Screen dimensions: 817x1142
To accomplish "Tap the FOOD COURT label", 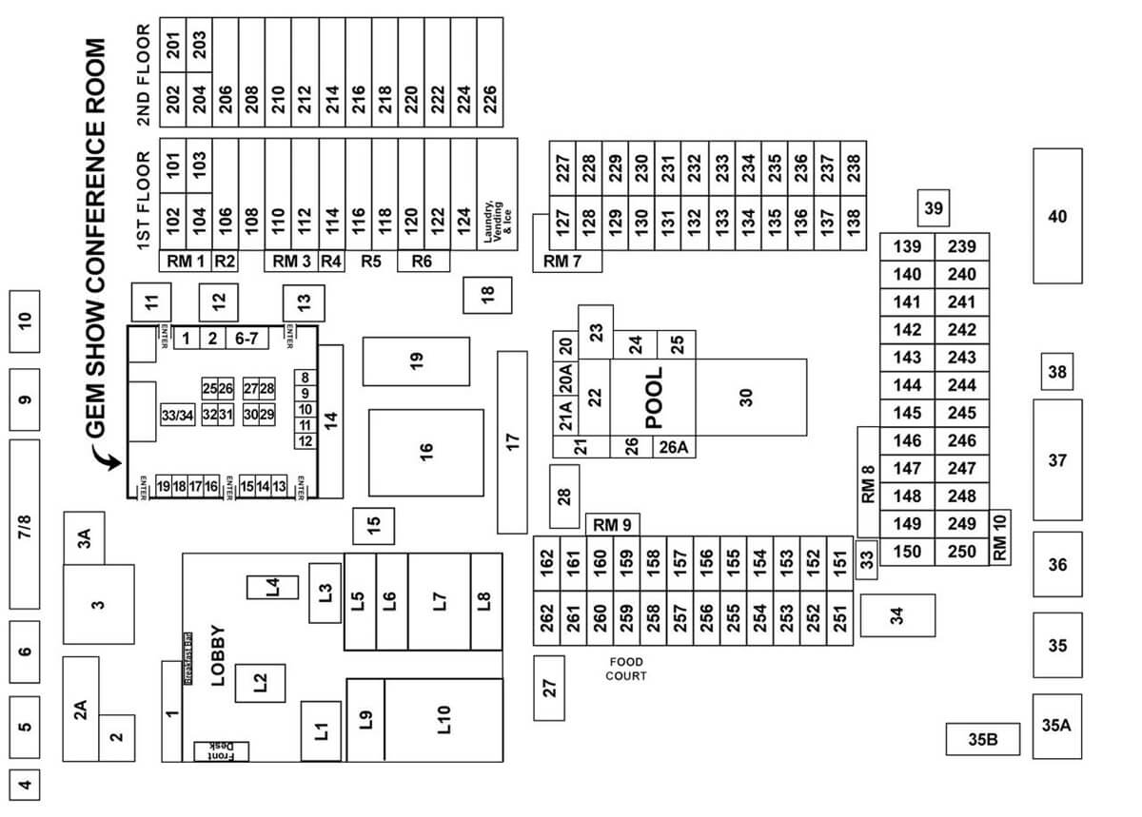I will pos(625,669).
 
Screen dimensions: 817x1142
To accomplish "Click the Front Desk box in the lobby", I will pos(221,751).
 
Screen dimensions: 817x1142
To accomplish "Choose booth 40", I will pos(1057,216).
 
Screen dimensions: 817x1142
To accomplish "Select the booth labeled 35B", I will pos(982,739).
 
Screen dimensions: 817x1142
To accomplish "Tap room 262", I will pos(546,618).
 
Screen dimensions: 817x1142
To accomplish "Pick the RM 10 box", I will pos(999,538).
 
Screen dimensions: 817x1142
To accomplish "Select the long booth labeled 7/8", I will pos(25,524).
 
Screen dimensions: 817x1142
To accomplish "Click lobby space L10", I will pos(443,719).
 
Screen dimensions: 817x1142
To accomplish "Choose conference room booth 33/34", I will pos(178,415).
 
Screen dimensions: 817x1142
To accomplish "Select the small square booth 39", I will pos(934,207).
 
